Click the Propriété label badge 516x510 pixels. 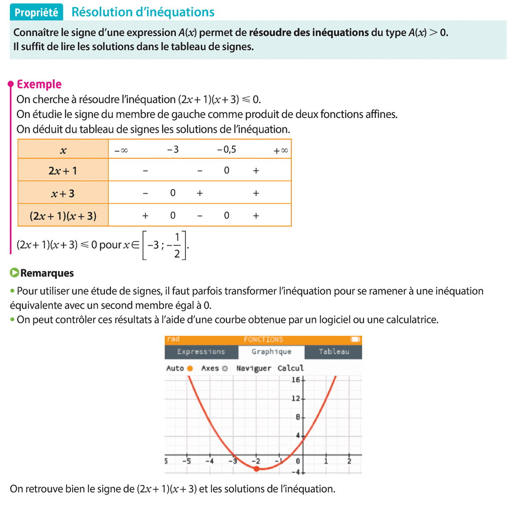[37, 12]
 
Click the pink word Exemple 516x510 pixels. [39, 84]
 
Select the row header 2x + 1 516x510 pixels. [63, 171]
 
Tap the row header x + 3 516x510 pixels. [63, 194]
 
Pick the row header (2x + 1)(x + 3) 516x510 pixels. [63, 216]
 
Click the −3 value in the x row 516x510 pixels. [173, 150]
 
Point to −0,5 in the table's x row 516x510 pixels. [227, 150]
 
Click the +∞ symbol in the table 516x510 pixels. [281, 151]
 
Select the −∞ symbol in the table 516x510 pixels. [121, 151]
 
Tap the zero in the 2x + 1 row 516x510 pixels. [227, 170]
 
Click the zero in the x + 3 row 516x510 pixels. [173, 193]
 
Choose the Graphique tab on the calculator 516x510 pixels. [271, 352]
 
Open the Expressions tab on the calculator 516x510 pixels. [201, 352]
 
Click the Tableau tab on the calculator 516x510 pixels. [334, 352]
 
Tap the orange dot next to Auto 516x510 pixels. [190, 368]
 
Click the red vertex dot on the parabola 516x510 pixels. [257, 468]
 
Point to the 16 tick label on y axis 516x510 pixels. [296, 380]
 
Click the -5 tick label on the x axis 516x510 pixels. [187, 461]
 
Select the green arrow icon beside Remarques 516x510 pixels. [15, 273]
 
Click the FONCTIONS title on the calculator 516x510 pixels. [263, 340]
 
